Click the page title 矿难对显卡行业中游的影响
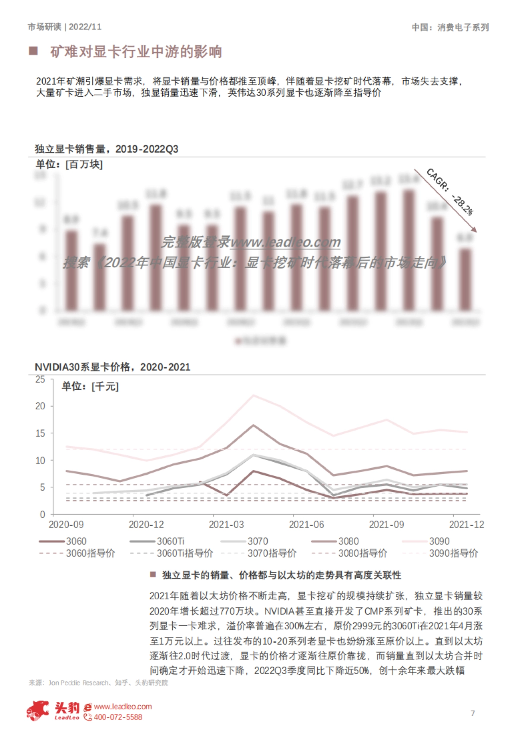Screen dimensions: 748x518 click(136, 52)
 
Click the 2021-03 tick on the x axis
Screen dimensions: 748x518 click(226, 525)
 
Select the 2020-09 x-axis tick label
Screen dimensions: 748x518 click(66, 525)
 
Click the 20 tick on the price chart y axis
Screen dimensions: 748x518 click(40, 406)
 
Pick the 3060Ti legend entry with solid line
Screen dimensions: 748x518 click(157, 541)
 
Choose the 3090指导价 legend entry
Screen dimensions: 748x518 click(453, 553)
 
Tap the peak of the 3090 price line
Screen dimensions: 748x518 click(253, 395)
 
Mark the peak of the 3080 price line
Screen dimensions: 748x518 click(253, 425)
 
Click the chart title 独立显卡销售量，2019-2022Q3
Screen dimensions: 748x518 click(107, 149)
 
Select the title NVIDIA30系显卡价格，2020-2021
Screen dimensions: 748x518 click(112, 367)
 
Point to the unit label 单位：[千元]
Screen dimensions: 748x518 click(90, 386)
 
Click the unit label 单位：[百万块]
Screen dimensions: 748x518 click(69, 164)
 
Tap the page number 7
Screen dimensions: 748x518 click(473, 713)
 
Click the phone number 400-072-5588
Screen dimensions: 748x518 click(118, 717)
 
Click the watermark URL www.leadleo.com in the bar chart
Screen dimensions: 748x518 click(285, 242)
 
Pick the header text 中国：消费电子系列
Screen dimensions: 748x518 click(450, 28)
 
